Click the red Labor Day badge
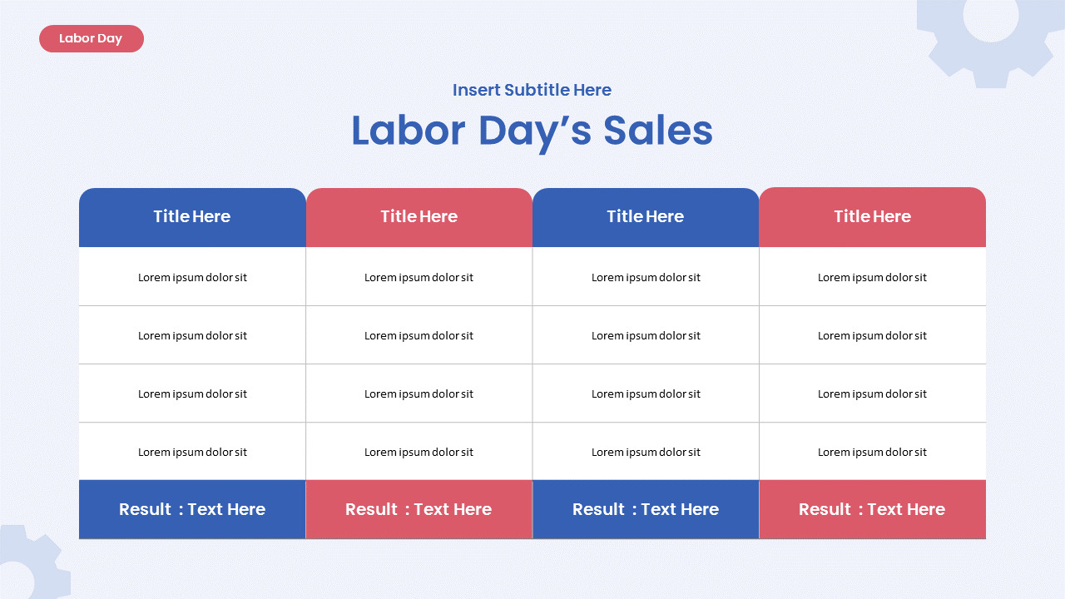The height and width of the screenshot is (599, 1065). pyautogui.click(x=91, y=38)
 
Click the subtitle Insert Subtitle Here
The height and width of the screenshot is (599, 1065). pyautogui.click(x=532, y=90)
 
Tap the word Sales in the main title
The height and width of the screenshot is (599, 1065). pyautogui.click(x=657, y=131)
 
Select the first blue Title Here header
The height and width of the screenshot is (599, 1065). pyautogui.click(x=192, y=217)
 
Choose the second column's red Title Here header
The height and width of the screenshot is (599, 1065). pyautogui.click(x=419, y=217)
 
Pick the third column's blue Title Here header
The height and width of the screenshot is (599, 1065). pyautogui.click(x=646, y=217)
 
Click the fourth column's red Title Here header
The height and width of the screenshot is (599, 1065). pyautogui.click(x=872, y=217)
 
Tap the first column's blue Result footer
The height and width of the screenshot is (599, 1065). pyautogui.click(x=192, y=509)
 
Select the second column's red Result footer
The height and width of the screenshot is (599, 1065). pyautogui.click(x=419, y=509)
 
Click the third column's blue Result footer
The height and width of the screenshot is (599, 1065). pyautogui.click(x=646, y=509)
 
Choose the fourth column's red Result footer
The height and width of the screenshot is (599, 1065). pyautogui.click(x=872, y=509)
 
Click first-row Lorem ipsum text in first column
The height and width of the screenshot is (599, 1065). pyautogui.click(x=192, y=278)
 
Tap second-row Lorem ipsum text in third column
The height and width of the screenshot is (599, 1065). pyautogui.click(x=646, y=336)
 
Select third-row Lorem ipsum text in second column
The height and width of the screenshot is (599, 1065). pyautogui.click(x=419, y=394)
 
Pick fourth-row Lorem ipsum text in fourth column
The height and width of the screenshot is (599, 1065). pyautogui.click(x=872, y=453)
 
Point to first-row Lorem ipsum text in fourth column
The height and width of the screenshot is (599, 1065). pyautogui.click(x=872, y=278)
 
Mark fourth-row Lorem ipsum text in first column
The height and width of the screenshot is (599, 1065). pyautogui.click(x=192, y=453)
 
